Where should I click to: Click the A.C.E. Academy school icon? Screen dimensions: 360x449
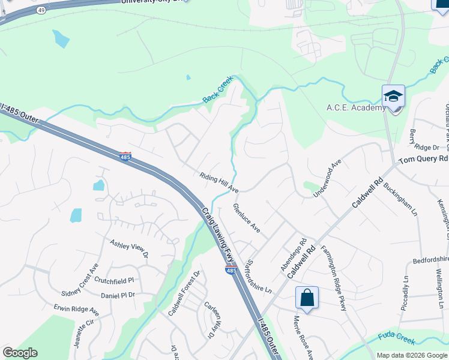click(x=393, y=96)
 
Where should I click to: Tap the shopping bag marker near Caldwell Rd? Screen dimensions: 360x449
click(x=307, y=298)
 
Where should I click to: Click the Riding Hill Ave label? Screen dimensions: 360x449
click(x=219, y=182)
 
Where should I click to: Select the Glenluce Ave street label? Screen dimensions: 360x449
click(x=246, y=219)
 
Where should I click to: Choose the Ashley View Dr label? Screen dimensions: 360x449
click(x=128, y=248)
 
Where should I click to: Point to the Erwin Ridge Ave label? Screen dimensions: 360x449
click(x=76, y=310)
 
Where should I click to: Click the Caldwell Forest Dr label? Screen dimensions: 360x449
click(x=183, y=293)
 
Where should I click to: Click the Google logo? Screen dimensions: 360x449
click(x=20, y=353)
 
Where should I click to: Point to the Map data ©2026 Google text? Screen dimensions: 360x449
click(x=412, y=355)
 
